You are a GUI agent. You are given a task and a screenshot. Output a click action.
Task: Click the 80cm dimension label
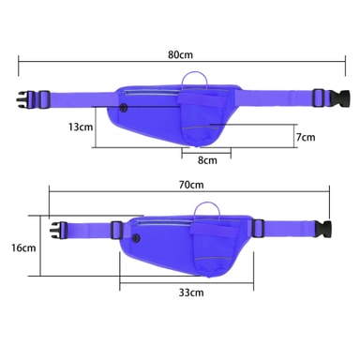point(181,54)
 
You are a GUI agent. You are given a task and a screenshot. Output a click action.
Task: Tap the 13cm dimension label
point(81,127)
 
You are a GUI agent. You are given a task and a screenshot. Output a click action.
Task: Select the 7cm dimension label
point(306,137)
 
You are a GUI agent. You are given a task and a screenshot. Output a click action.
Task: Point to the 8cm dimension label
point(207,160)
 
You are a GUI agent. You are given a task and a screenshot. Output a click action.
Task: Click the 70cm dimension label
point(191,185)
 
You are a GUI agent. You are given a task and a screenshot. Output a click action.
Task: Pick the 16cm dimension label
point(23,247)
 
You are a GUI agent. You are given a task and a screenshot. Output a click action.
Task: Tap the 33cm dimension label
point(191,292)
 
